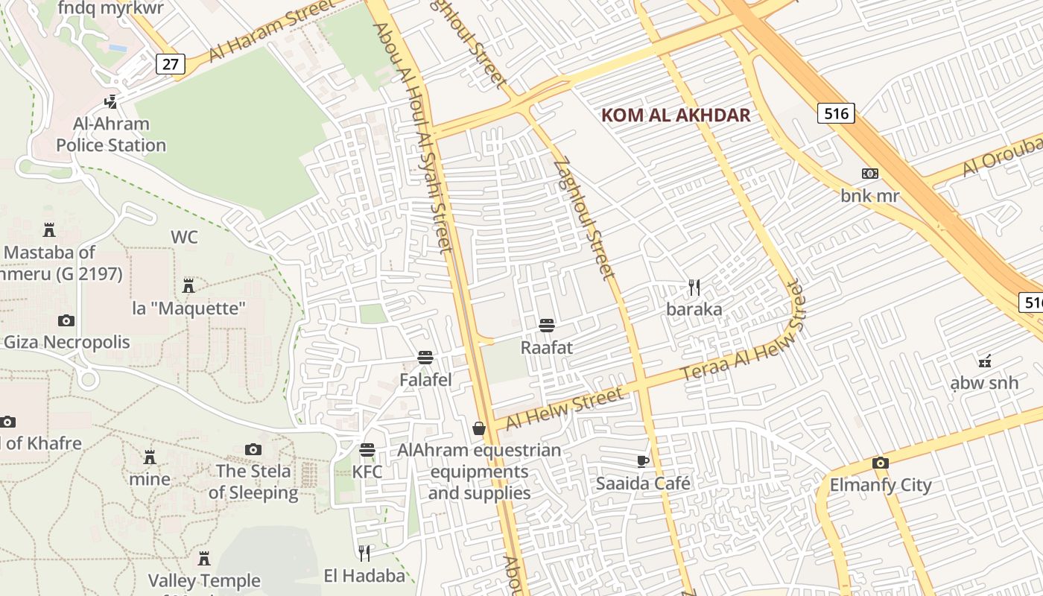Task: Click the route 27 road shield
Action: click(x=171, y=64)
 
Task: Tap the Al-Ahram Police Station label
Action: click(x=111, y=134)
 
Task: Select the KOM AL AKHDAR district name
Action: click(x=676, y=115)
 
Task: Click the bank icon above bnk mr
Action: click(x=869, y=174)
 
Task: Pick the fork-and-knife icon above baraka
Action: click(x=694, y=288)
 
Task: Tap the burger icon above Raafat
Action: click(x=547, y=326)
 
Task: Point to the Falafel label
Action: click(x=425, y=380)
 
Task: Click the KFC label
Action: click(x=367, y=472)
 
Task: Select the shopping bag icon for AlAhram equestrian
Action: click(x=479, y=428)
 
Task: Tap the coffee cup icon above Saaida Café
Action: click(x=643, y=462)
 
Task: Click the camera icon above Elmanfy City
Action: click(x=881, y=463)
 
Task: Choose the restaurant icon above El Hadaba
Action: click(x=364, y=553)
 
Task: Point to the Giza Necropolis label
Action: click(x=67, y=343)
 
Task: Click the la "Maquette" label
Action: click(x=188, y=308)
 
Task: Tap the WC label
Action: click(x=185, y=238)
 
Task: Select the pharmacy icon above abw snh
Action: click(x=984, y=361)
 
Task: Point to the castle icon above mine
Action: click(x=150, y=457)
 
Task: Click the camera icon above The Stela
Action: click(x=253, y=450)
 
